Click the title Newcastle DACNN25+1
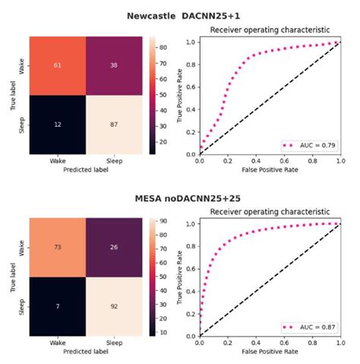[180, 14]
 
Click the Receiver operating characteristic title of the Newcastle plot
[270, 30]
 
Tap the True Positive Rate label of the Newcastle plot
[180, 91]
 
